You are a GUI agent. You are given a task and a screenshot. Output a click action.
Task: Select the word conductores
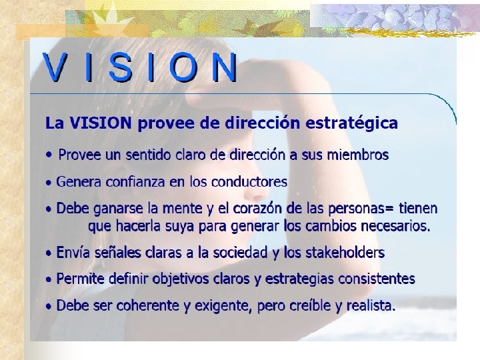click(251, 181)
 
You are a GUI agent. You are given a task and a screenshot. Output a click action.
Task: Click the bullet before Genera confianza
click(48, 182)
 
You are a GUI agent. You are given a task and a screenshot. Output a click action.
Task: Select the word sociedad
click(251, 253)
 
